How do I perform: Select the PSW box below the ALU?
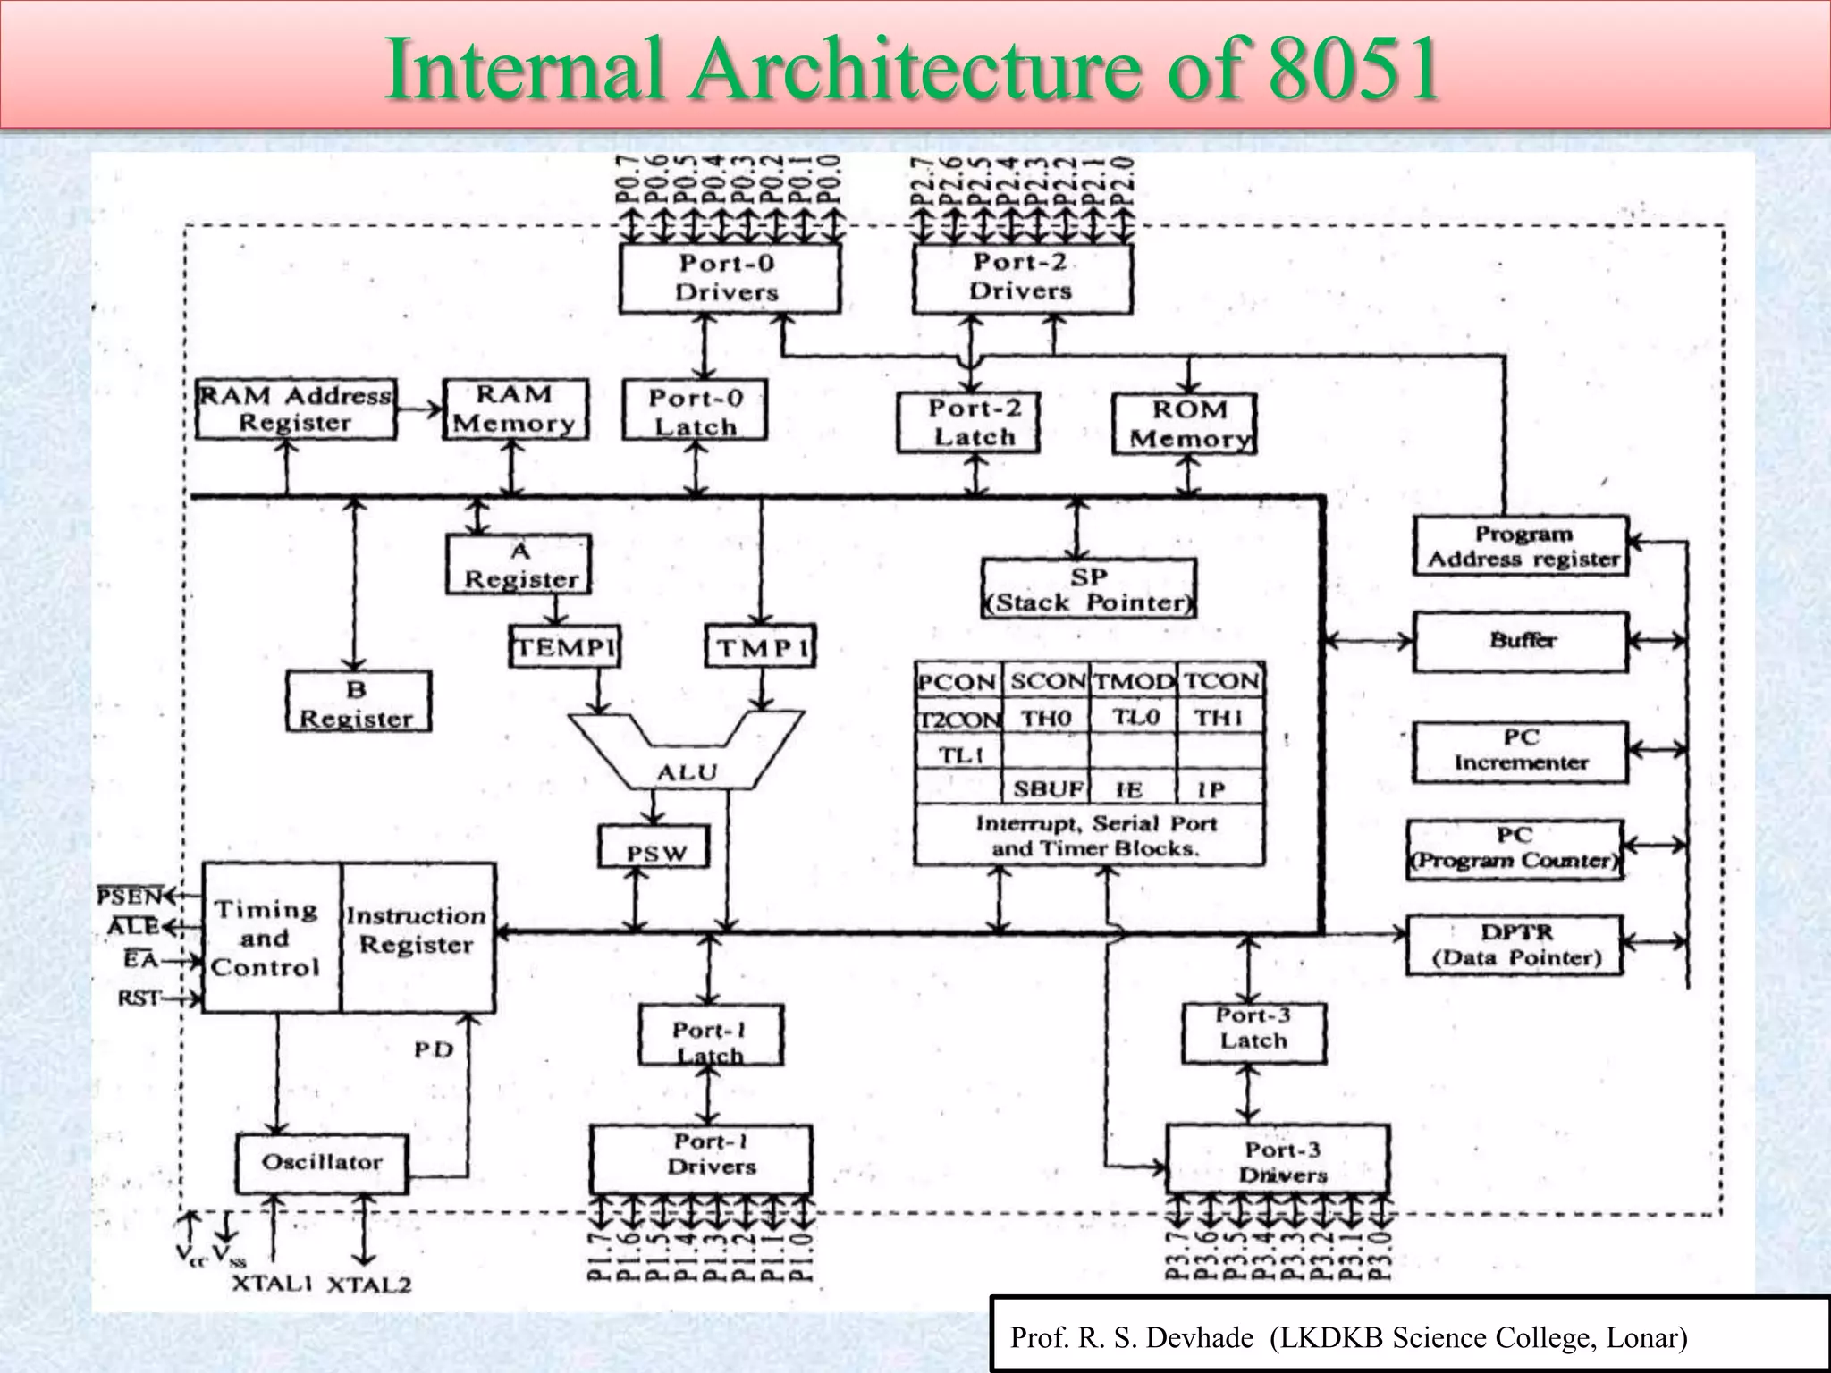click(654, 847)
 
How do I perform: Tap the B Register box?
click(358, 703)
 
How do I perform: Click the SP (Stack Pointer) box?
click(1088, 589)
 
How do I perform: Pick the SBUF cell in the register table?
click(1047, 789)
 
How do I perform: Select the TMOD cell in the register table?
click(1134, 681)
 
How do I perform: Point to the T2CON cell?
click(958, 719)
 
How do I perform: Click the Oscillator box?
click(322, 1162)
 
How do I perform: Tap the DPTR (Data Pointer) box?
click(1515, 945)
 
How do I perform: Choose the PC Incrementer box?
click(1521, 751)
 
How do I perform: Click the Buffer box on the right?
click(1521, 641)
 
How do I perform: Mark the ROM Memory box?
click(1186, 424)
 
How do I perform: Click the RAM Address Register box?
click(295, 409)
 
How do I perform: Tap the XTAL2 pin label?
click(368, 1285)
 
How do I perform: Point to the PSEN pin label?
click(130, 896)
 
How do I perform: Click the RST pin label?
click(139, 998)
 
